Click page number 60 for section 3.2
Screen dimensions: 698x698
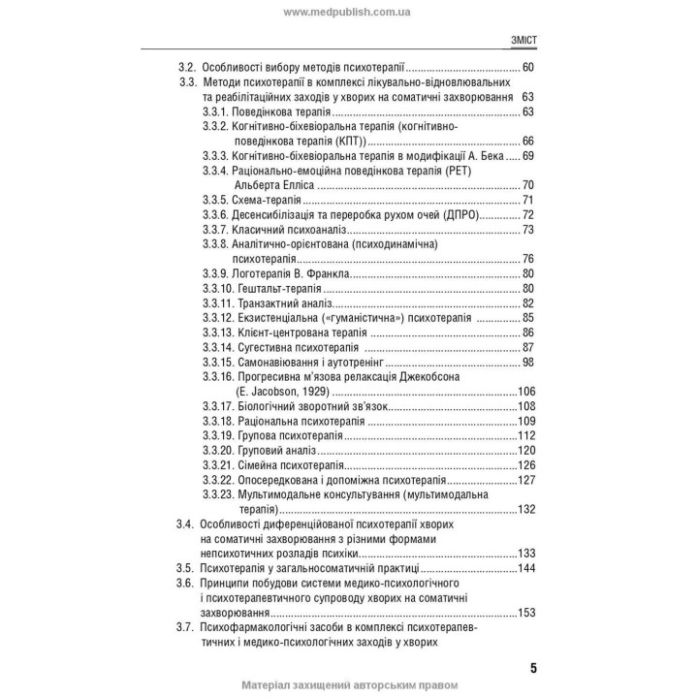(527, 67)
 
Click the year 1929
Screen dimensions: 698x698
(313, 392)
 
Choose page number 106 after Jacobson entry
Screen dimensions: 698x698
(527, 392)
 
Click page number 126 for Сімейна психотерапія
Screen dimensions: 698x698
(527, 465)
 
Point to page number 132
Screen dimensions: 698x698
(527, 509)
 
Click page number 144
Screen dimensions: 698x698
(527, 568)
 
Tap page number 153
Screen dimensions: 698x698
(527, 612)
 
